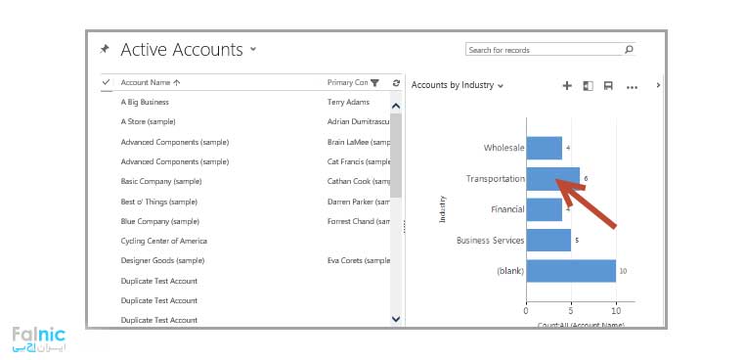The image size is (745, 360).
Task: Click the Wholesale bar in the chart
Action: point(544,148)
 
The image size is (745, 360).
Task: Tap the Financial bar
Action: point(544,209)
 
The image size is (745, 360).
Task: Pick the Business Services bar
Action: point(548,240)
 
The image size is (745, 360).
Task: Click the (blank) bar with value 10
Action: point(570,271)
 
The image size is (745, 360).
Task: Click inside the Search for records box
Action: point(543,50)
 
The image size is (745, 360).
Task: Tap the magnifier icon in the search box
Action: point(629,49)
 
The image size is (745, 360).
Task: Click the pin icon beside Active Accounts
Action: point(105,49)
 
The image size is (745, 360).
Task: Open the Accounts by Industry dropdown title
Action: point(457,86)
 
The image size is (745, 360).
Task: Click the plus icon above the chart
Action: point(567,86)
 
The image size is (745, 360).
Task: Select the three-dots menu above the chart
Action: point(632,87)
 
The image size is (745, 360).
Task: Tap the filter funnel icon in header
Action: point(374,83)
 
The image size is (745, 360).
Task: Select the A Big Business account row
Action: point(145,102)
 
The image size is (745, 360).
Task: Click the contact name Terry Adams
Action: point(348,102)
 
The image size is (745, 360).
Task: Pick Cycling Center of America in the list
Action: point(163,241)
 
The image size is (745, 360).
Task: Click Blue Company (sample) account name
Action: point(159,221)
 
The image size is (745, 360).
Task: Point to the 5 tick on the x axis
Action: point(571,311)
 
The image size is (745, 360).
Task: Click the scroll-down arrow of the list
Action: point(395,318)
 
